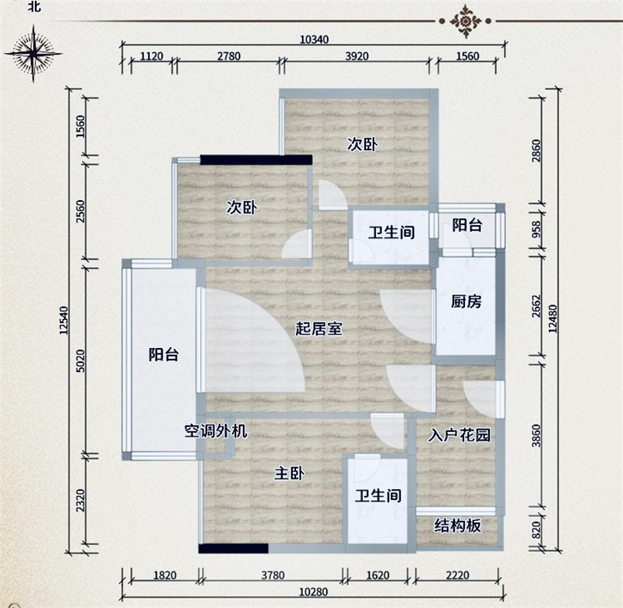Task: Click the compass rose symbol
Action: tap(33, 53)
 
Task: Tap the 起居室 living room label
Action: tap(319, 329)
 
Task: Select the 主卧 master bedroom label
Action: tap(290, 473)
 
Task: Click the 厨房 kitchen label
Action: tap(466, 301)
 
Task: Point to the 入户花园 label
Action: tap(459, 435)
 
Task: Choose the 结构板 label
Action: tap(458, 525)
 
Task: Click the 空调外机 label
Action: tap(216, 431)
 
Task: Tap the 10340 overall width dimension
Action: tap(314, 40)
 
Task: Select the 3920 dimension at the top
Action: tap(357, 56)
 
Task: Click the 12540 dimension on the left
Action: tap(64, 320)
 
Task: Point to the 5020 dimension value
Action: tap(80, 360)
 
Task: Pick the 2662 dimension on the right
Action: tap(537, 306)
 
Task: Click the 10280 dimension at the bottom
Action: tap(314, 592)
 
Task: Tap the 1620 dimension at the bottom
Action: tap(378, 575)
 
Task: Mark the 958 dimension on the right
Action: tap(537, 229)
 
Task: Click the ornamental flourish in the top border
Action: tap(465, 21)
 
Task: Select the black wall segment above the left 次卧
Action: tap(256, 160)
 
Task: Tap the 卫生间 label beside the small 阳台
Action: tap(392, 232)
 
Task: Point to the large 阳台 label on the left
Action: tap(164, 354)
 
